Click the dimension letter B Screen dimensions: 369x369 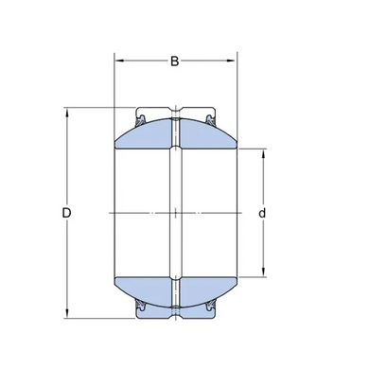(x=175, y=61)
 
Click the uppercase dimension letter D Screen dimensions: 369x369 (x=66, y=213)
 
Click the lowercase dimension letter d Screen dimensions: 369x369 (x=262, y=214)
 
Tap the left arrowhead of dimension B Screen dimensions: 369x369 (x=119, y=61)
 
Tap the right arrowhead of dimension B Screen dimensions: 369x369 (x=232, y=61)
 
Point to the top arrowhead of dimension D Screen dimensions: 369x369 (x=66, y=113)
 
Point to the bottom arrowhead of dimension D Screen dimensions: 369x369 (x=66, y=313)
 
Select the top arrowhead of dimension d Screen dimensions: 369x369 (x=263, y=153)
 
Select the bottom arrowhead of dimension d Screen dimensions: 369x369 (x=263, y=272)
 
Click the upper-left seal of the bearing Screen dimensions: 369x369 (x=140, y=120)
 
